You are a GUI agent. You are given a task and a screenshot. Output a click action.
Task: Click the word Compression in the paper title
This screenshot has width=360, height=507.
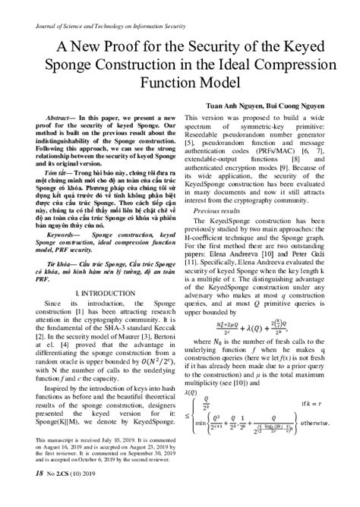point(275,61)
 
